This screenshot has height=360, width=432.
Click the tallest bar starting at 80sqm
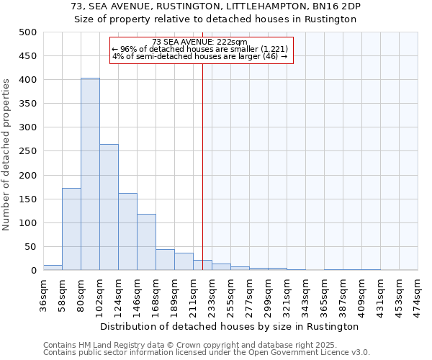point(90,174)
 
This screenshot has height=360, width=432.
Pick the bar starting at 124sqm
point(127,232)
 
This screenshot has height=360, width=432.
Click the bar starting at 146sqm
point(146,242)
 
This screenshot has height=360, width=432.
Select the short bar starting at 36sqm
point(53,268)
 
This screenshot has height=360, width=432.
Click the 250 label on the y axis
point(27,151)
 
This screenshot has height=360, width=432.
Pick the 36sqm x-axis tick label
point(44,294)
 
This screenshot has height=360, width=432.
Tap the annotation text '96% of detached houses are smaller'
point(200,49)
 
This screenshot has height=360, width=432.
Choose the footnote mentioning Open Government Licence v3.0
point(207,353)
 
